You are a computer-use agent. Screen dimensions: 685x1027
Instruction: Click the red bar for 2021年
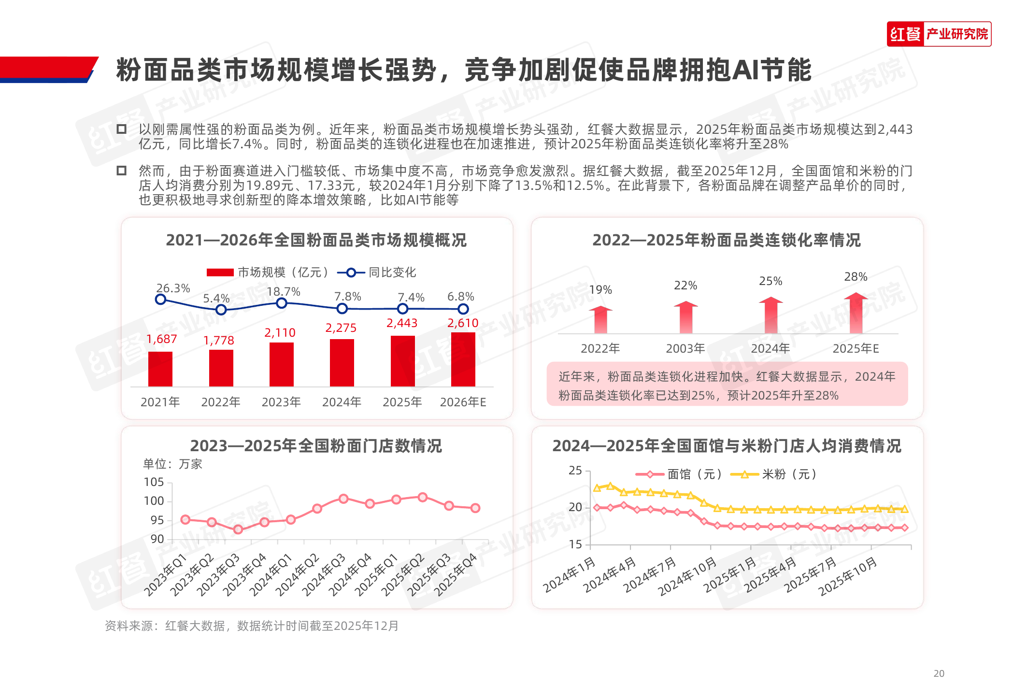(160, 369)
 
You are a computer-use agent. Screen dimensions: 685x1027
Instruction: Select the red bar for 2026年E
(463, 359)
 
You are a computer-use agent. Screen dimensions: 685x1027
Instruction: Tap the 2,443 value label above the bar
(402, 323)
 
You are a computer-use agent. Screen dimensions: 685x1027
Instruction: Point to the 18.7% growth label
(284, 292)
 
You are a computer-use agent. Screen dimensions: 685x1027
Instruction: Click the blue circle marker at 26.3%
(160, 300)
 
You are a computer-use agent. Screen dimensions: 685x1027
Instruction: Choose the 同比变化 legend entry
(377, 272)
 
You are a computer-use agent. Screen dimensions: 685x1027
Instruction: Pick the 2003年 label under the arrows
(685, 348)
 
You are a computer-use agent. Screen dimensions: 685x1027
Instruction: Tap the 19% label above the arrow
(600, 290)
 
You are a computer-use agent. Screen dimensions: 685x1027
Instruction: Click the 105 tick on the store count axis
(154, 482)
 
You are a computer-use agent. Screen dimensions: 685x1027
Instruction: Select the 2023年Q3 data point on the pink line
(238, 529)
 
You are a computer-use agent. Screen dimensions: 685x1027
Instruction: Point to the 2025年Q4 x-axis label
(456, 575)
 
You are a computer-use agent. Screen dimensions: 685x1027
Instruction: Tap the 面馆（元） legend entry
(679, 474)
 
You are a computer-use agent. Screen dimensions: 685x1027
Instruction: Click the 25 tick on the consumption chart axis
(575, 471)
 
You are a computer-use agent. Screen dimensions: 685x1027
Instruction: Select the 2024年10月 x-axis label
(688, 576)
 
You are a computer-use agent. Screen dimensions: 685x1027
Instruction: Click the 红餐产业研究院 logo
(939, 34)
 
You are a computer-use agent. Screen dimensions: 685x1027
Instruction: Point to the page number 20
(939, 673)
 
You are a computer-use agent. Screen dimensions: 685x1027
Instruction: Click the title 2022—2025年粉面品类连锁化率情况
(727, 240)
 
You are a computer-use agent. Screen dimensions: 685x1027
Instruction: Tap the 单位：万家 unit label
(172, 464)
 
